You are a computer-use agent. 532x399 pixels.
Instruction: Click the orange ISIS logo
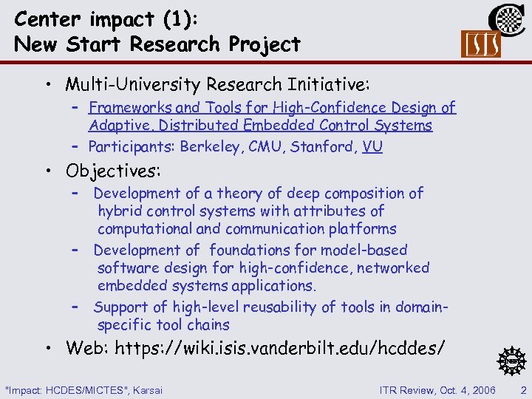(x=480, y=44)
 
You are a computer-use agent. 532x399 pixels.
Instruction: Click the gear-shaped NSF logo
(x=511, y=361)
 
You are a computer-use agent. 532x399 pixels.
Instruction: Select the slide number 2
(x=523, y=389)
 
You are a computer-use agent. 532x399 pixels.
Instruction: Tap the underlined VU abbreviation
(x=373, y=146)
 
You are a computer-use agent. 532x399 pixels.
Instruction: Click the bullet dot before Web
(x=47, y=347)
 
